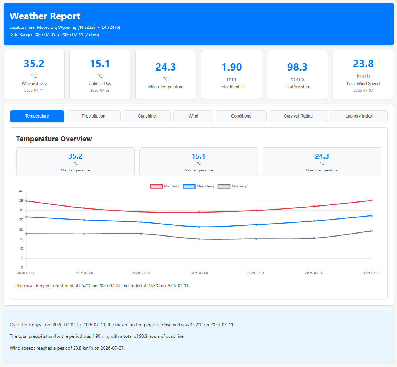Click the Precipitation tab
pos(94,116)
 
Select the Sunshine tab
pos(147,116)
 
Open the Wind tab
pos(193,116)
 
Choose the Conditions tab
pos(241,116)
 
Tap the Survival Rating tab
pos(298,116)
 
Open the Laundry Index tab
pos(359,116)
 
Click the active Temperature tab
pos(37,116)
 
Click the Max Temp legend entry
pos(165,186)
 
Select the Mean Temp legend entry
pos(199,186)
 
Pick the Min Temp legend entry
pos(233,186)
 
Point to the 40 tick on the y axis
pos(21,191)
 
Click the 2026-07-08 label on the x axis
pos(199,273)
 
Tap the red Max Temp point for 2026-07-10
pos(314,207)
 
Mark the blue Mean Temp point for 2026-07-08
pos(199,227)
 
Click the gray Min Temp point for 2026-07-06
pos(84,234)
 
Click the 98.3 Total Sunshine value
pos(297,67)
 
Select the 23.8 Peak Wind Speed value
pos(363,64)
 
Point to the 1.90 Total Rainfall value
pos(232,67)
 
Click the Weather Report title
pos(45,16)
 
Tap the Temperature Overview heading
pos(54,139)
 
